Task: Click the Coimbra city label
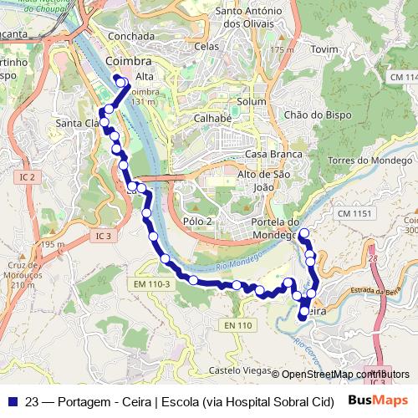(129, 63)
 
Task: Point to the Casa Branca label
(268, 155)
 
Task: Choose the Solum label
(251, 101)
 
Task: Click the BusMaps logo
(378, 400)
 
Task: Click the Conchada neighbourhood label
(131, 36)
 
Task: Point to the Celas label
(206, 46)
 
